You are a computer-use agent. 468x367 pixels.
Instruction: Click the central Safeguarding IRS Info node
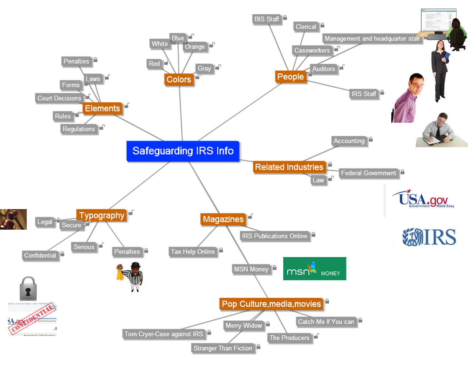[x=183, y=151]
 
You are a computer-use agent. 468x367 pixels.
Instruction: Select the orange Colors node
[x=179, y=79]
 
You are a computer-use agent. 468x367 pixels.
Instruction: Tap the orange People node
[x=290, y=77]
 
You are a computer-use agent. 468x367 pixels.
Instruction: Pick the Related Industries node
[x=289, y=167]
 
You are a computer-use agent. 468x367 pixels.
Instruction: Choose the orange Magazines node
[x=223, y=219]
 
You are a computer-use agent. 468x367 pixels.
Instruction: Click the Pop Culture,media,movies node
[x=271, y=304]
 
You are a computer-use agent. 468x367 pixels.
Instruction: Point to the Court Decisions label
[x=59, y=98]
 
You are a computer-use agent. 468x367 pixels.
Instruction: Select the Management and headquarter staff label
[x=372, y=38]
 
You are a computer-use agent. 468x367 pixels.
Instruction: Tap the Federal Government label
[x=368, y=173]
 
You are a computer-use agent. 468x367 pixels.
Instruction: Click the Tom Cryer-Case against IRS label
[x=164, y=334]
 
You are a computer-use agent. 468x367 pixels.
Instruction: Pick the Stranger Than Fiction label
[x=223, y=348]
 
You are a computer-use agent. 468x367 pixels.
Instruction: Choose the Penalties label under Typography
[x=127, y=252]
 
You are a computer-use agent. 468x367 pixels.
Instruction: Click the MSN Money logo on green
[x=315, y=269]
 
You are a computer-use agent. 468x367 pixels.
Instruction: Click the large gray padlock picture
[x=28, y=289]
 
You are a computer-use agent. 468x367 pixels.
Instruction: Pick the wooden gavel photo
[x=13, y=219]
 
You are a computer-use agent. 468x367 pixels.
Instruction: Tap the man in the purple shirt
[x=408, y=99]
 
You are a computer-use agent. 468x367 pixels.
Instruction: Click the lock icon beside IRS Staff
[x=382, y=93]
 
